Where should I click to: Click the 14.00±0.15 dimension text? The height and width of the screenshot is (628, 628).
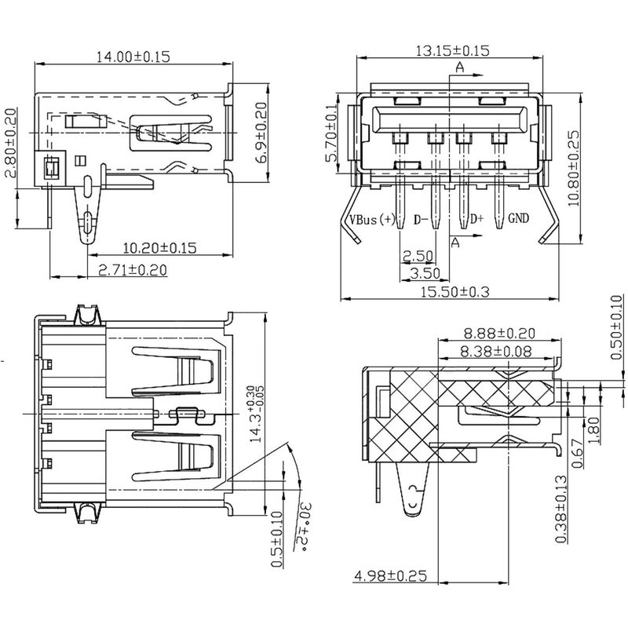(133, 57)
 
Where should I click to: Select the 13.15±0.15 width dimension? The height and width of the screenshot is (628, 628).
(453, 50)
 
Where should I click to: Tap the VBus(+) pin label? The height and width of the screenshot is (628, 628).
(372, 219)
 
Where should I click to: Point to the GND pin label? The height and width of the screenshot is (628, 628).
(519, 218)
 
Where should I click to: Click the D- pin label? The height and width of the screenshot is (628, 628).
(421, 220)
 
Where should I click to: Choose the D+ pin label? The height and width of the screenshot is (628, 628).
(476, 219)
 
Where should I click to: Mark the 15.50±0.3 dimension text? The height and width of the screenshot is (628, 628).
(455, 291)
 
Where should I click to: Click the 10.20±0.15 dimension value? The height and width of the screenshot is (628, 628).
(160, 247)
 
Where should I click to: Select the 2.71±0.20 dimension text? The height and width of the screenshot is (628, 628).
(133, 269)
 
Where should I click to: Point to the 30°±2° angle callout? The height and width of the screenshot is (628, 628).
(302, 527)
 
